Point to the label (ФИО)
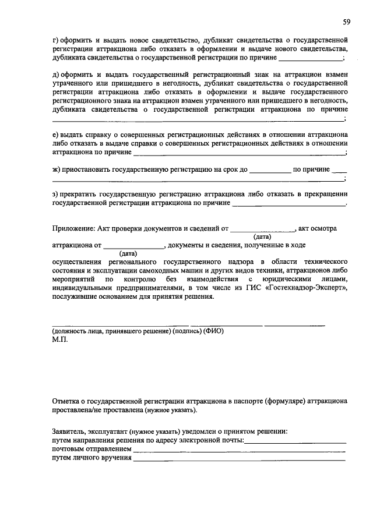(x=213, y=331)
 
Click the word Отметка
(x=67, y=401)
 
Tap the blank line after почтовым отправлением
(x=239, y=451)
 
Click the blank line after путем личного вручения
(x=239, y=461)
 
